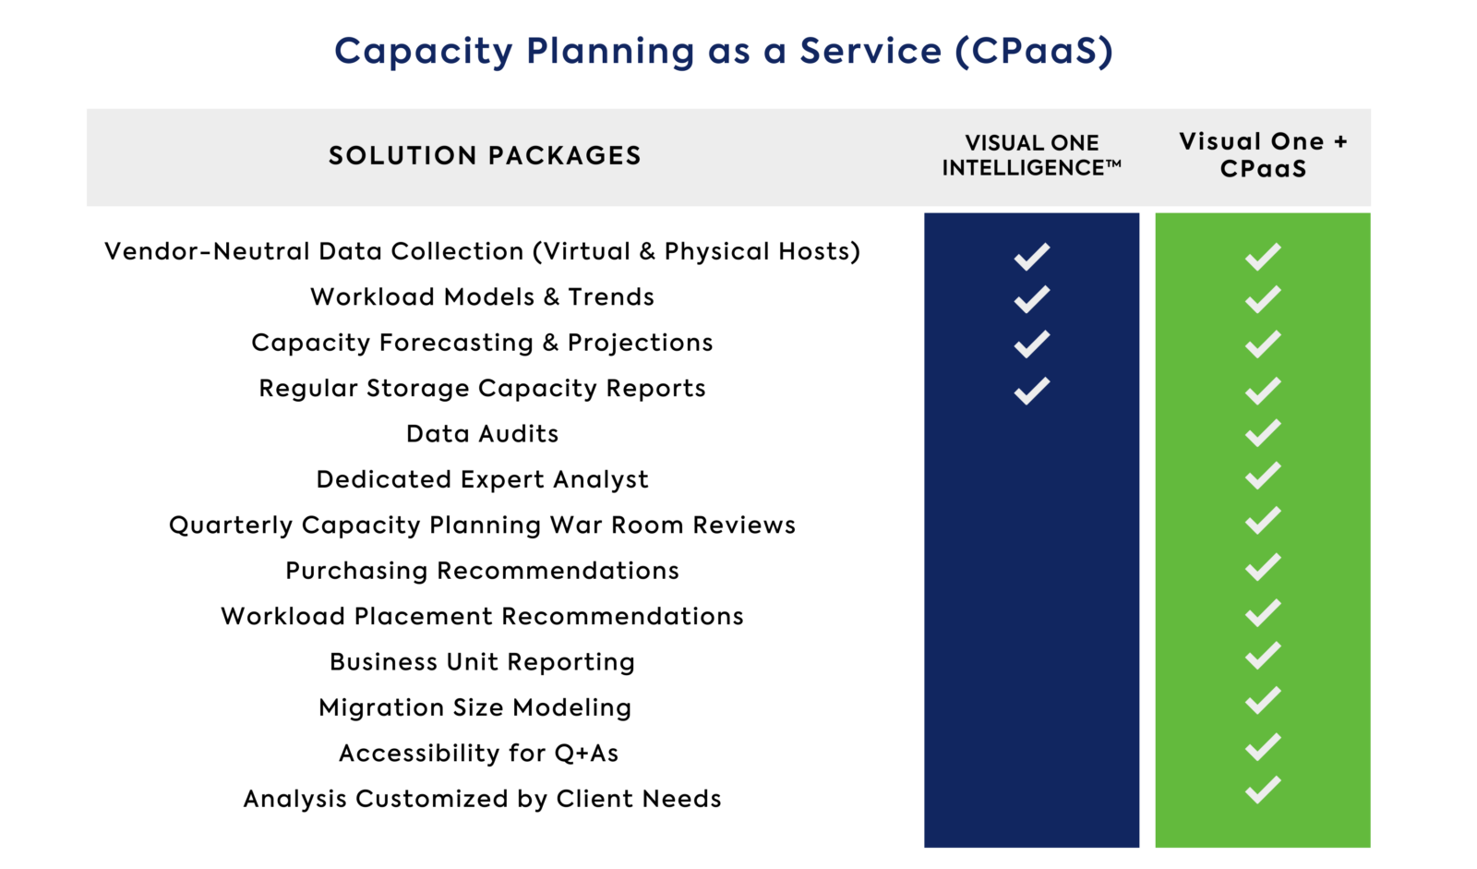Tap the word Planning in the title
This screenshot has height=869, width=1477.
[610, 52]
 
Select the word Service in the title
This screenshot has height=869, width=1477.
[870, 51]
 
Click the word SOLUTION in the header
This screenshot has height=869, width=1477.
[402, 156]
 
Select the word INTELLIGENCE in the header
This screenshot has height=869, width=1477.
[1023, 168]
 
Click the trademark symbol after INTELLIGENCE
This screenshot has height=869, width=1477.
[1113, 163]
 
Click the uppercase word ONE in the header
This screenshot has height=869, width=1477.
[1075, 143]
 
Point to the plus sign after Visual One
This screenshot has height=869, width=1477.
[1340, 142]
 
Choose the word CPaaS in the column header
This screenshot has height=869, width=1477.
[1263, 169]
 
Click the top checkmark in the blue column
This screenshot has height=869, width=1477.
[1032, 257]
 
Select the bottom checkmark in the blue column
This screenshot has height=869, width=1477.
[1032, 391]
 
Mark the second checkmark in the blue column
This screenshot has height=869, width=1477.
[1032, 299]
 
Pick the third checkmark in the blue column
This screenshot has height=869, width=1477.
[1032, 344]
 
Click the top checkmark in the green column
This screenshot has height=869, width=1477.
[1263, 257]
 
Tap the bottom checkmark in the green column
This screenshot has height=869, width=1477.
[1263, 791]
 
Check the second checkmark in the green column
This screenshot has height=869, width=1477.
[1263, 299]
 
